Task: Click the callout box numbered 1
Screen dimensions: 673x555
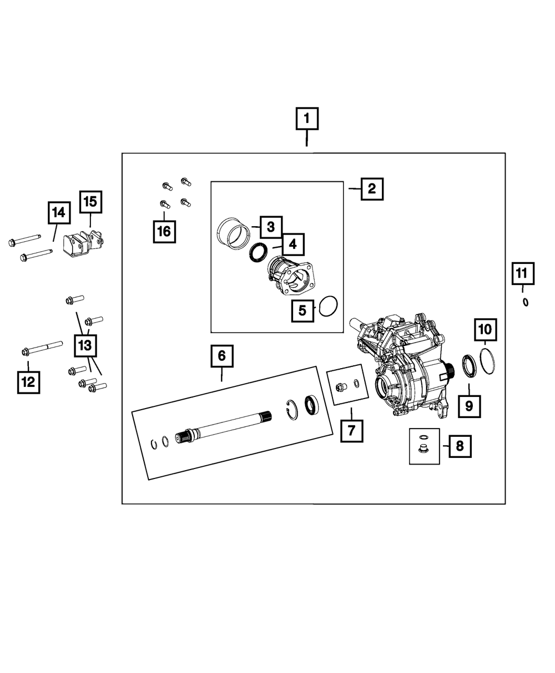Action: [307, 119]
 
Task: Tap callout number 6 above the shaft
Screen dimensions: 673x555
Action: [221, 356]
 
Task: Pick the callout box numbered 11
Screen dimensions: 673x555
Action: [522, 273]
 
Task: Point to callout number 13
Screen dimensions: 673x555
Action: [84, 346]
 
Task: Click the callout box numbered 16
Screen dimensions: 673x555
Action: [164, 231]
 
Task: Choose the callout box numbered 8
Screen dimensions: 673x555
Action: [460, 445]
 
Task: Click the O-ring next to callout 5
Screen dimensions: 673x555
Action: [328, 305]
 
